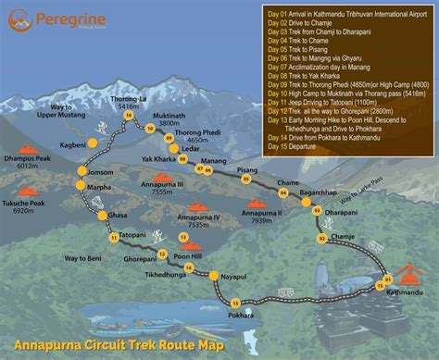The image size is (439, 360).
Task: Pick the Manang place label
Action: pyautogui.click(x=214, y=162)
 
